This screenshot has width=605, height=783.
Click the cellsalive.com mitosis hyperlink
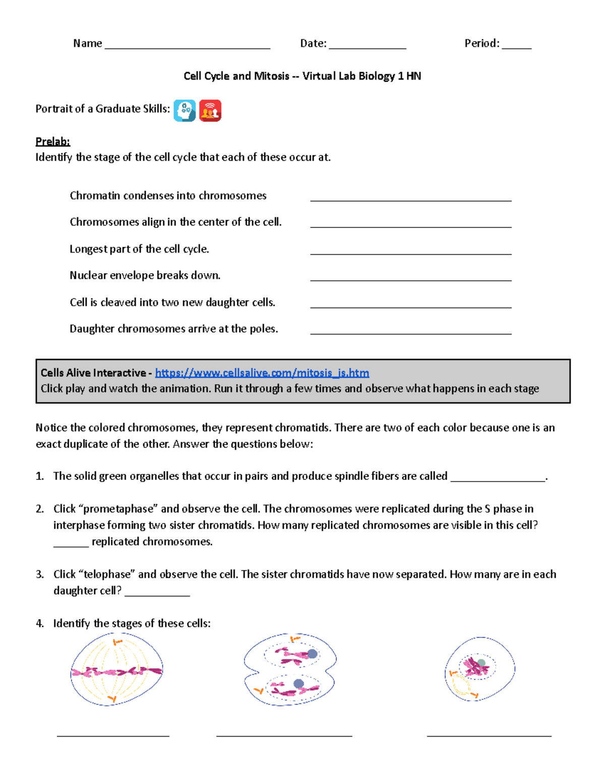click(262, 373)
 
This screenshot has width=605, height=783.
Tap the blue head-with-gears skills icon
click(185, 110)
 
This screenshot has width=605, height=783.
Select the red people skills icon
click(210, 110)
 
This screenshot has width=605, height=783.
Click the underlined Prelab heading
click(52, 141)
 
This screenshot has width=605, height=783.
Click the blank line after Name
click(187, 47)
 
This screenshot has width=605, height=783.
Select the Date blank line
click(367, 47)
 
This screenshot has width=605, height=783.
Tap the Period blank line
click(516, 47)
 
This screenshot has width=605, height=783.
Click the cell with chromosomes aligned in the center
click(116, 670)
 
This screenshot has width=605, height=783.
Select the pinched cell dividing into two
click(290, 670)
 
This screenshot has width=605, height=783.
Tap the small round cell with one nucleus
click(479, 670)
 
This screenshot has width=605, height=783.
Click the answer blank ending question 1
click(498, 480)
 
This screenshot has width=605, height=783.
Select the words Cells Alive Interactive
click(93, 373)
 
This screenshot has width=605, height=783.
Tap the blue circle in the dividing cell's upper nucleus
click(312, 654)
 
